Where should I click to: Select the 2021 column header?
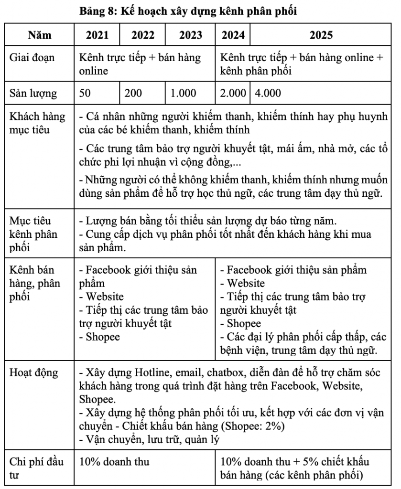coord(97,35)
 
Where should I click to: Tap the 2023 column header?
coord(190,35)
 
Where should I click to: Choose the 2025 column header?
coord(321,35)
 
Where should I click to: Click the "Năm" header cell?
coord(40,35)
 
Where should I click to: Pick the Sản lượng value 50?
coord(85,93)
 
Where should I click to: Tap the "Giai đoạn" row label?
coord(32,58)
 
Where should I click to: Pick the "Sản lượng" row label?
coord(33,93)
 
